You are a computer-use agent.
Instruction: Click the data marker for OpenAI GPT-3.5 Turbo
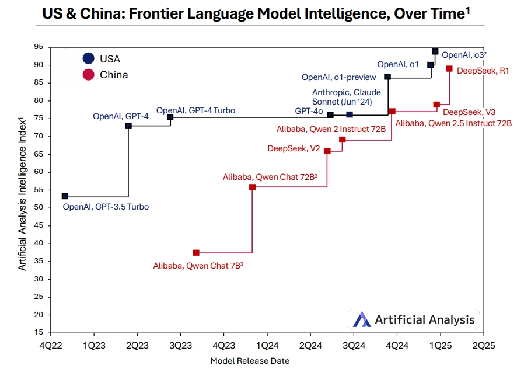tap(65, 196)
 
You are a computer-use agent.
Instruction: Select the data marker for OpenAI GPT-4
tap(128, 126)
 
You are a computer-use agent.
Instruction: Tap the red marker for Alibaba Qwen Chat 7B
tap(196, 253)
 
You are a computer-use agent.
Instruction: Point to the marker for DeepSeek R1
tap(449, 68)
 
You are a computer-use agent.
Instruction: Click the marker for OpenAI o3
tap(435, 52)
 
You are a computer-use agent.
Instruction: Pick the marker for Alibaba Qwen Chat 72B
tap(252, 187)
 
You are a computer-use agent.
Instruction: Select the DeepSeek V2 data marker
tap(327, 151)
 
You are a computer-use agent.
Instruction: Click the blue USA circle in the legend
tap(88, 58)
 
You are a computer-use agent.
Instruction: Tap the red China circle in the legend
tap(88, 75)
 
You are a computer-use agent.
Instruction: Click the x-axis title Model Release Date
tap(250, 361)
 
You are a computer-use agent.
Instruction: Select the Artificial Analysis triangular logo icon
tap(362, 319)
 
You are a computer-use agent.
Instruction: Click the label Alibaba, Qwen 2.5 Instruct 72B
tap(453, 123)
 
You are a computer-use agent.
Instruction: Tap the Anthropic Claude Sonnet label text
tap(347, 96)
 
